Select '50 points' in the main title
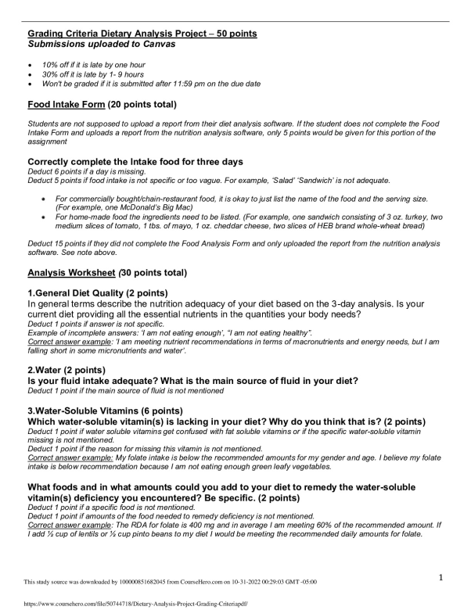pyautogui.click(x=232, y=34)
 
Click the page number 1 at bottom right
pyautogui.click(x=440, y=577)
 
